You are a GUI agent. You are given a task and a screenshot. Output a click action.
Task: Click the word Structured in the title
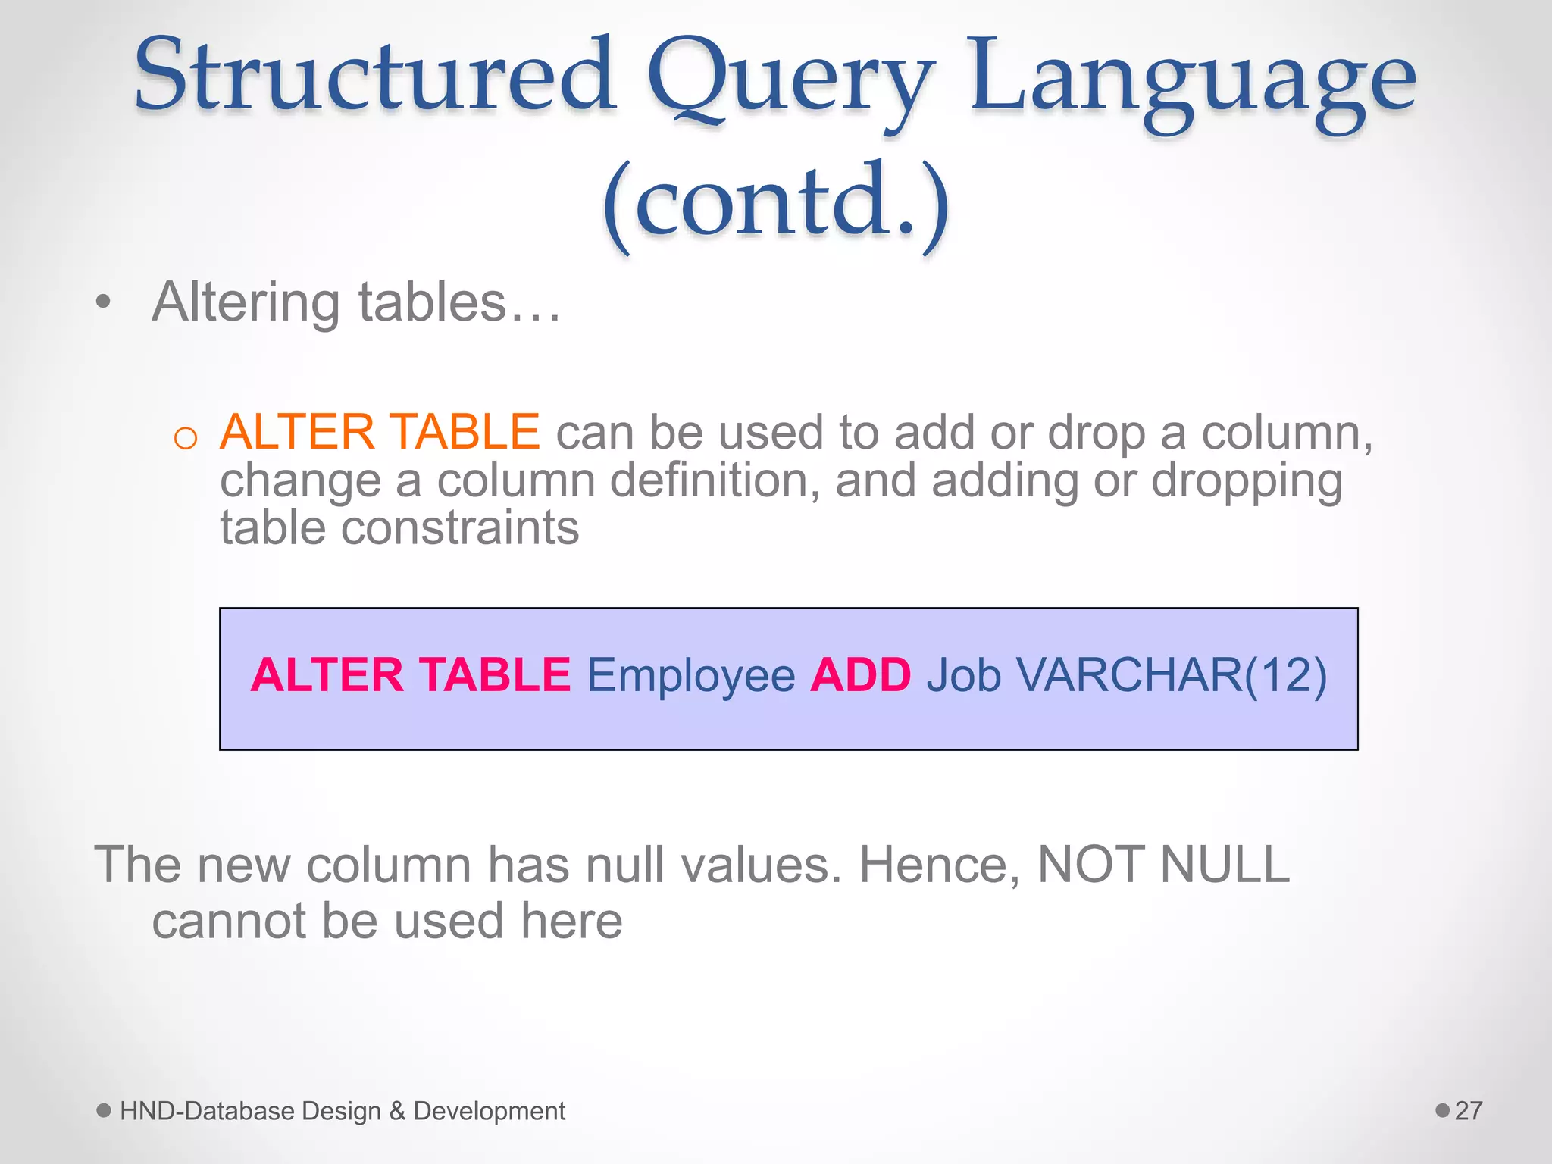pos(375,76)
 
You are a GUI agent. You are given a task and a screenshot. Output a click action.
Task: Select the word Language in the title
pos(1193,83)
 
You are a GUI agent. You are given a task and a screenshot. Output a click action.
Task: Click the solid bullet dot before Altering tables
pos(104,302)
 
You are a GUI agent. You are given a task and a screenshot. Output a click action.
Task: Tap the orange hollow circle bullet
pos(186,438)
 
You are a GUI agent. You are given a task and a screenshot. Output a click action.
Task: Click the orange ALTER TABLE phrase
pos(380,432)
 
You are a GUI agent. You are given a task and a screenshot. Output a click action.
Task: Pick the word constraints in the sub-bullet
pos(460,528)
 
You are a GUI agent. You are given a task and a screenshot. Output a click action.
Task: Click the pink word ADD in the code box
pos(860,674)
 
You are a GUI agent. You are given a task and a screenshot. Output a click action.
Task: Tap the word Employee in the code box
pos(690,676)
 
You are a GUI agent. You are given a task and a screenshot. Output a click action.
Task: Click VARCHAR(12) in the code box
pos(1171,674)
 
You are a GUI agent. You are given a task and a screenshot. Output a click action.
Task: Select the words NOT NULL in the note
pos(1163,864)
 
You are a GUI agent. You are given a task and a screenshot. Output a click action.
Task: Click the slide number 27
pos(1469,1111)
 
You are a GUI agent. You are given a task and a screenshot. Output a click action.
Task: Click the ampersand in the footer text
pos(397,1111)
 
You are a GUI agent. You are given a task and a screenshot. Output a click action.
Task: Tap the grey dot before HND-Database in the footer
pos(104,1111)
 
